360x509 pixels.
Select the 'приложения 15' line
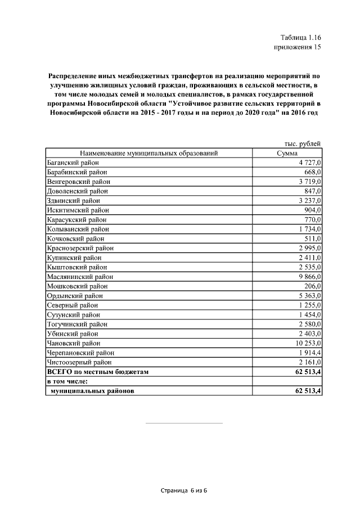tap(297, 47)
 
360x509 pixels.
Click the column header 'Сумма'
tap(287, 153)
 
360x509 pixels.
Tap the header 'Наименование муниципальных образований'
tap(148, 153)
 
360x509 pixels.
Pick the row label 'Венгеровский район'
tap(78, 182)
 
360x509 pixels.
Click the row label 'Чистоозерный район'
tap(79, 362)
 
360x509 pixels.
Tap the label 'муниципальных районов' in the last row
tap(93, 391)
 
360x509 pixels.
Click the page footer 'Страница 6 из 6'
tap(184, 490)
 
